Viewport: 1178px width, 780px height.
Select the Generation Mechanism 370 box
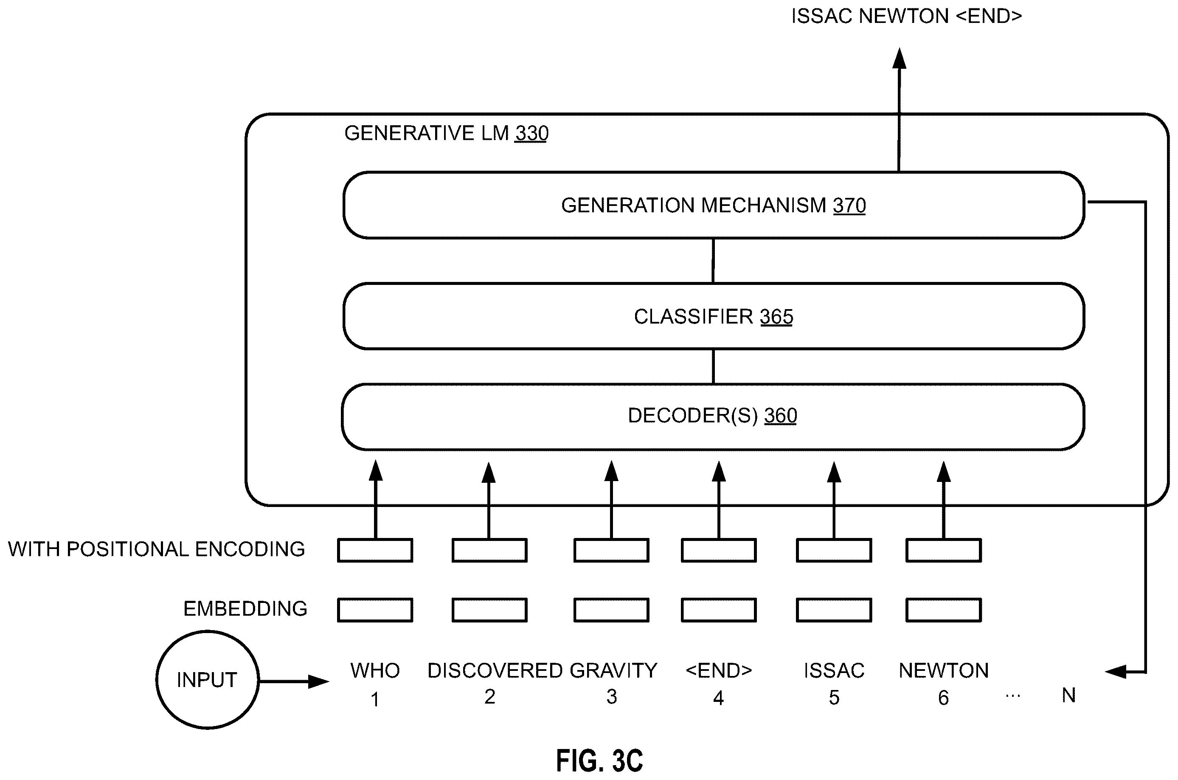pos(714,205)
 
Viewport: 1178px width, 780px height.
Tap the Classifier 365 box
pos(714,316)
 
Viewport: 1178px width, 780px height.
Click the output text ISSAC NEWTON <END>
pos(906,17)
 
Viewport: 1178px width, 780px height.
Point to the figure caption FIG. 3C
pos(600,760)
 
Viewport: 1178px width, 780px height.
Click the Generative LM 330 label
pos(446,133)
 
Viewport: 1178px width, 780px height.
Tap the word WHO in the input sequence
pos(375,670)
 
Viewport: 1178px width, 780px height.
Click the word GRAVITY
pos(613,670)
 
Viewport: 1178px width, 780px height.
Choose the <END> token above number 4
pos(719,670)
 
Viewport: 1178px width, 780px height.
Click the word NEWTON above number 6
pos(944,670)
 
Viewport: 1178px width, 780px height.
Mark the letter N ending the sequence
pos(1068,696)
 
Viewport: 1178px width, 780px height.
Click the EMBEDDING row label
pos(245,609)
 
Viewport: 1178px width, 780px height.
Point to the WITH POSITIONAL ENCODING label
pos(156,549)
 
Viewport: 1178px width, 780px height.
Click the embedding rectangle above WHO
pos(375,610)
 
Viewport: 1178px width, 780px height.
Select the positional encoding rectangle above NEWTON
pos(944,550)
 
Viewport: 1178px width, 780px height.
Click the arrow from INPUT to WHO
pos(294,681)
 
